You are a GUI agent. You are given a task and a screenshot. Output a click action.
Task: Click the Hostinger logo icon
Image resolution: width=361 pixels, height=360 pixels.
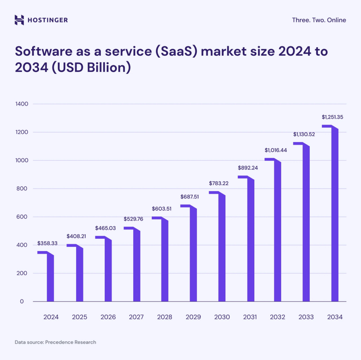click(19, 20)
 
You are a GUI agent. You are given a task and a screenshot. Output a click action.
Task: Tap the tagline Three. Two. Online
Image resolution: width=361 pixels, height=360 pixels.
click(319, 20)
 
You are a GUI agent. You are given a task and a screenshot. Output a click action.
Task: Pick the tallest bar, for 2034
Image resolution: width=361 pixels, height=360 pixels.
click(335, 215)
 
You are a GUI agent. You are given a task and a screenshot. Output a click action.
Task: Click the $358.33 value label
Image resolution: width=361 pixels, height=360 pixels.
click(47, 244)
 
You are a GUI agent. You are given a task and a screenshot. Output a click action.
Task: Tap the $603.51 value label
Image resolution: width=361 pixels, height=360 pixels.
click(161, 209)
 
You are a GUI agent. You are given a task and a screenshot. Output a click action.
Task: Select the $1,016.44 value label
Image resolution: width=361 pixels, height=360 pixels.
click(276, 150)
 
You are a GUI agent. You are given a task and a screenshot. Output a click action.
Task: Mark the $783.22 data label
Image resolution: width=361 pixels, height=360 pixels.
click(219, 183)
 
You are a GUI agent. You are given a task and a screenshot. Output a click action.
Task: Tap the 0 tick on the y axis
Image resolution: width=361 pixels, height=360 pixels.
click(22, 301)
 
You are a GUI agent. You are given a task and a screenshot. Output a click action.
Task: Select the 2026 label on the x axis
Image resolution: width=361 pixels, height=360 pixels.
click(108, 317)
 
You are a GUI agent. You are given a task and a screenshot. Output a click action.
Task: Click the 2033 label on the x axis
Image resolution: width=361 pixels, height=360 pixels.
click(306, 317)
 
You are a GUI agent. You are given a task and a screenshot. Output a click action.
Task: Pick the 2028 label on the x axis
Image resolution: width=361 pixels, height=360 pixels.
click(165, 317)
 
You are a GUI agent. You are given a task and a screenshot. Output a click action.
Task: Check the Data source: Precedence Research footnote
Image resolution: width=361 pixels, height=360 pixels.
click(55, 342)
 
